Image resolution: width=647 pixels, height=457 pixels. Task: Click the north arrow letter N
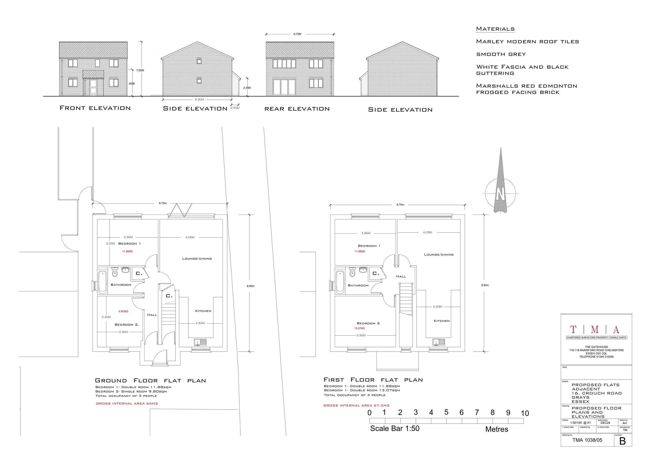pos(501,194)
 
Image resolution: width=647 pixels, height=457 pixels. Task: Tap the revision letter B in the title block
pos(622,441)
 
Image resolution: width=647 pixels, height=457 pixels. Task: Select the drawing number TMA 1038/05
pos(587,440)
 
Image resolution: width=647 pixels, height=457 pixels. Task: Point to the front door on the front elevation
pos(93,86)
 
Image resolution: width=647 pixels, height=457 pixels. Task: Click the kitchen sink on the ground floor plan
pos(200,342)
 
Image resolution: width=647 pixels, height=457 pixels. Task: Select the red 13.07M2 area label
pos(360,328)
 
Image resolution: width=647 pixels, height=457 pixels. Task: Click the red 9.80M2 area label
pos(123,311)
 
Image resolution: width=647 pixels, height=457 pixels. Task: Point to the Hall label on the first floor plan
pos(401,276)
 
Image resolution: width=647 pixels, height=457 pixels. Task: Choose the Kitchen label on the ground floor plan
pos(203,311)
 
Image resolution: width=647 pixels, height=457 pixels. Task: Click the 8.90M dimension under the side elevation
pos(199,99)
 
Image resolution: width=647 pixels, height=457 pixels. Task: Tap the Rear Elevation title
pos(297,109)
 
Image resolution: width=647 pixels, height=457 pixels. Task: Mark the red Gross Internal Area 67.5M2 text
pos(356,405)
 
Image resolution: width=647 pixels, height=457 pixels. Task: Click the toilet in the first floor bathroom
pos(352,272)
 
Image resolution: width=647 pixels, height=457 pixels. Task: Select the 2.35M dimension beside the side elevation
pos(247,88)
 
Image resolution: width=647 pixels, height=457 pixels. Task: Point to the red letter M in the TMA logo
pos(595,329)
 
